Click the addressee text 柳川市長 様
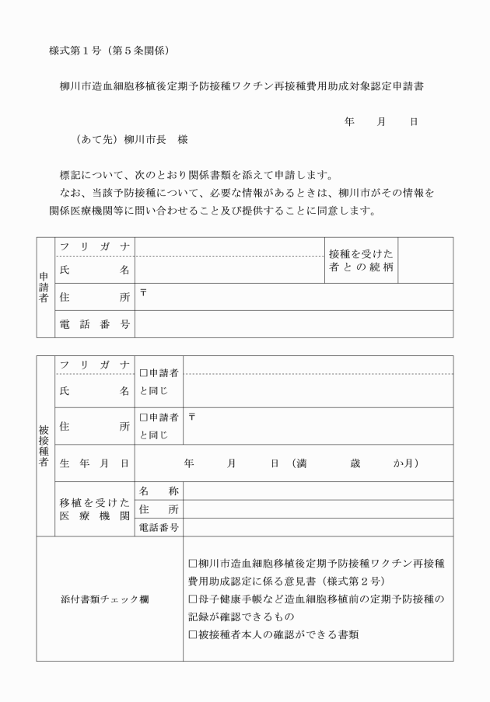coord(155,141)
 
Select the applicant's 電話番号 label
coord(94,323)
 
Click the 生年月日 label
coord(94,463)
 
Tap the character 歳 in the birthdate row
coord(355,463)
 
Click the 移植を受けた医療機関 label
coord(94,508)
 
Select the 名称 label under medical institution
coord(159,491)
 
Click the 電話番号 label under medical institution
coord(159,528)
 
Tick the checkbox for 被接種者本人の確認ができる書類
coord(193,635)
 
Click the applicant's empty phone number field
coord(293,323)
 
